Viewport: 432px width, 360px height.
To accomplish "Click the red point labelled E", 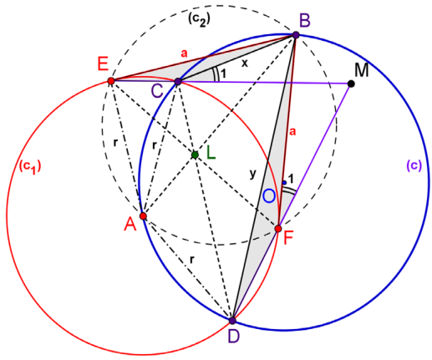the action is pos(111,81).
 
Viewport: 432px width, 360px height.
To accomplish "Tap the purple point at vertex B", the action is pos(296,35).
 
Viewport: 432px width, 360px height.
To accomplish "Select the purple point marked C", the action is pos(178,82).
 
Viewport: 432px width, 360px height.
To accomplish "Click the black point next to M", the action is pos(352,84).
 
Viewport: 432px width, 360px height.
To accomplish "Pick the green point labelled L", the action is pos(195,155).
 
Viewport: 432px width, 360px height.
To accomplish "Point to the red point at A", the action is pos(143,216).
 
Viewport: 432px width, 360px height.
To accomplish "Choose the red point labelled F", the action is pos(278,229).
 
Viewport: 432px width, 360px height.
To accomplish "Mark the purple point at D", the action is pos(232,321).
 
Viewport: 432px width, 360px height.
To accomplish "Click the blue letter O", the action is pos(269,195).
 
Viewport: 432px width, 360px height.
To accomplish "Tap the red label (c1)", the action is pos(30,166).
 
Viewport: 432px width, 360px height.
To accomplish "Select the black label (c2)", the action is pos(199,19).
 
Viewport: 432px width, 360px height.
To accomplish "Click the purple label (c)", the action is pos(414,165).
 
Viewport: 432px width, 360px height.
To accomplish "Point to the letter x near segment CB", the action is pos(245,63).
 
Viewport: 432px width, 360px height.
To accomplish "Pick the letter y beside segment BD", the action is pos(252,174).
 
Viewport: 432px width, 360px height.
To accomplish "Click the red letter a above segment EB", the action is pos(184,53).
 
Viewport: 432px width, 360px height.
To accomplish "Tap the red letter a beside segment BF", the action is pos(292,131).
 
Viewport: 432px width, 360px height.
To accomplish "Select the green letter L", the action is pos(211,153).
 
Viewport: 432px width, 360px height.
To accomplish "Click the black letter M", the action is pos(362,70).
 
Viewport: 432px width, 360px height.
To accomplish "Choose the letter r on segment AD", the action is pos(191,260).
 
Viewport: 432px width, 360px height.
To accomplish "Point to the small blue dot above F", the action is pos(284,183).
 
